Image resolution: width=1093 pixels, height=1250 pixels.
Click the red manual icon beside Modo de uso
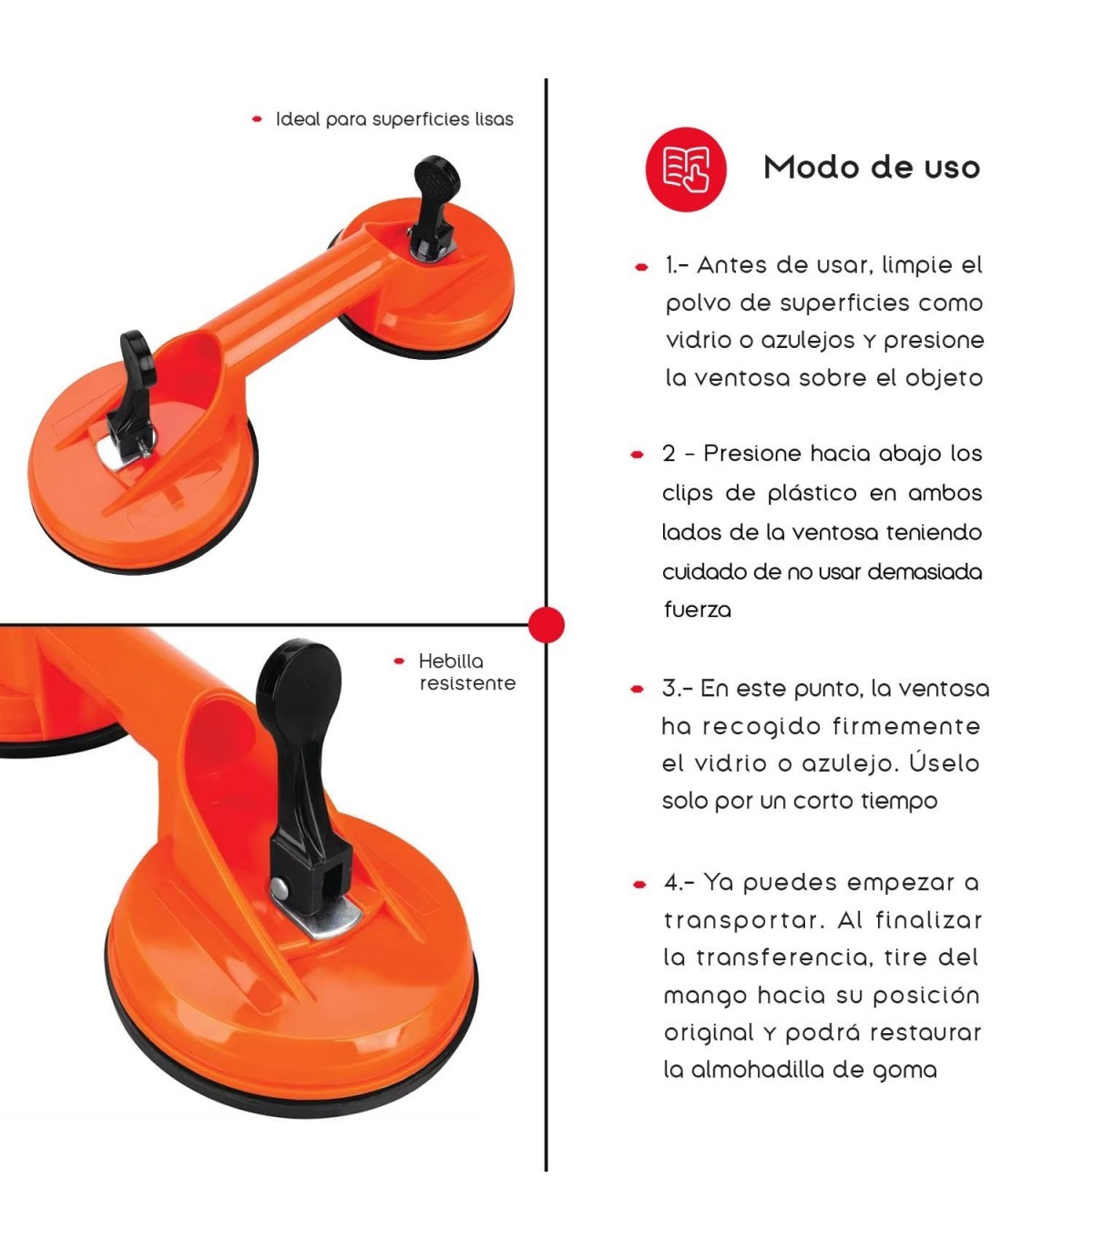686,169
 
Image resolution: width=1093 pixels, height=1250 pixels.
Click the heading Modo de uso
872,168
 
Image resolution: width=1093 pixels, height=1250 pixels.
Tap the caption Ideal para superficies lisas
394,119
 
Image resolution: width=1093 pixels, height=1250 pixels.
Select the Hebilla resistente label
467,672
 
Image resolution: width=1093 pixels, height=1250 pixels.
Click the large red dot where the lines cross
546,624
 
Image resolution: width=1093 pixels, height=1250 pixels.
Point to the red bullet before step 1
641,267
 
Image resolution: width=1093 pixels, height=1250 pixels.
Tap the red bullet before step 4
639,884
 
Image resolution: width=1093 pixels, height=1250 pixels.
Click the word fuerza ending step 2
698,610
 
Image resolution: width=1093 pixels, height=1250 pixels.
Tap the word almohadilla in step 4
757,1070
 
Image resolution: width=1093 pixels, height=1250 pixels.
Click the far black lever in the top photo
434,207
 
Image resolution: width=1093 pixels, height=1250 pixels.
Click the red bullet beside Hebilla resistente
399,661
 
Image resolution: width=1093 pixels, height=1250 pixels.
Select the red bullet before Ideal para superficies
257,119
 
